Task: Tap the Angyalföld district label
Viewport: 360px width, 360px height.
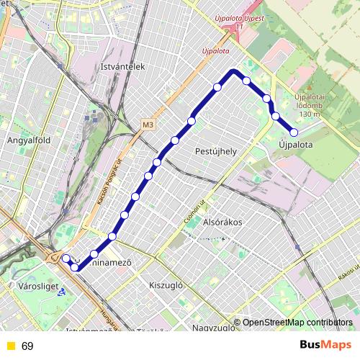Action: (27, 141)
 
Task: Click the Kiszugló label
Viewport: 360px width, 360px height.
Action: (167, 284)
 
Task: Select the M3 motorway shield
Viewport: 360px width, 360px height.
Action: (148, 125)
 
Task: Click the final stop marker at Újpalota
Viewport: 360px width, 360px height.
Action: (294, 132)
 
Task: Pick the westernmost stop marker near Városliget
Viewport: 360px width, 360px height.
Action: (66, 258)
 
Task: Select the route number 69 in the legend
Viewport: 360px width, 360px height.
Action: (27, 346)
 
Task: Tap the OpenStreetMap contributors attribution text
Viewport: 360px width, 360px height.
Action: (297, 323)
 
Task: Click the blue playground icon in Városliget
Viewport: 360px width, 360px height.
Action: (63, 292)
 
